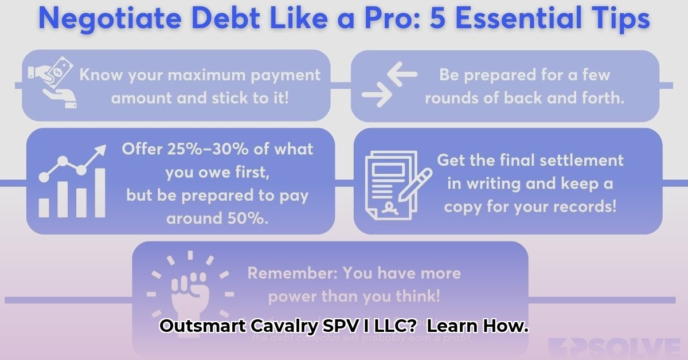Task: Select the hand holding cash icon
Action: [x=50, y=85]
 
